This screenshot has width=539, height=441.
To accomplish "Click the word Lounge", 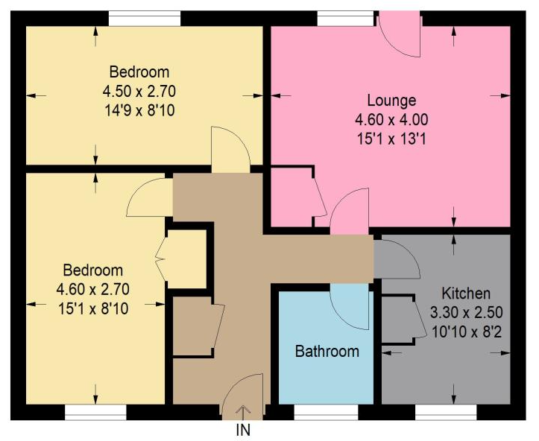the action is pos(391,101).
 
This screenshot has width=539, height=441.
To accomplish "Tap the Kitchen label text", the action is pos(466,294).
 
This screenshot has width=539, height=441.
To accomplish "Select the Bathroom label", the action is pos(327,352).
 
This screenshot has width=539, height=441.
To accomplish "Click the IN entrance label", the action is pos(243,430).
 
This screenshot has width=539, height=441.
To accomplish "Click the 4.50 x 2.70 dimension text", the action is pos(139,92).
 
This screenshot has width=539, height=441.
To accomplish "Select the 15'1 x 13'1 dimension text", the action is pos(391,139).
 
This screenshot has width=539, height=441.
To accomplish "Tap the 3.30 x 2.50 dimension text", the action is pos(467,313).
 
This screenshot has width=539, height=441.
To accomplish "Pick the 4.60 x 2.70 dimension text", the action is pos(92,289).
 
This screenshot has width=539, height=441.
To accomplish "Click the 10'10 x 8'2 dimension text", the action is pos(467,332).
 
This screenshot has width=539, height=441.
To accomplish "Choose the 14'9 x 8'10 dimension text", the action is pos(139,110).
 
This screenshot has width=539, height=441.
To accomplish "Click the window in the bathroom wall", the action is pos(326,412).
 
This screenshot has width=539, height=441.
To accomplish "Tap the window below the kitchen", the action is pos(446,412).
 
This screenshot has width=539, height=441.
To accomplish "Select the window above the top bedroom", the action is pos(145,18).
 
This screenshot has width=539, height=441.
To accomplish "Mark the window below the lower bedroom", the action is pos(95,412).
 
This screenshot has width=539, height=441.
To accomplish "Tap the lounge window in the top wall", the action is pos(345,18).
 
